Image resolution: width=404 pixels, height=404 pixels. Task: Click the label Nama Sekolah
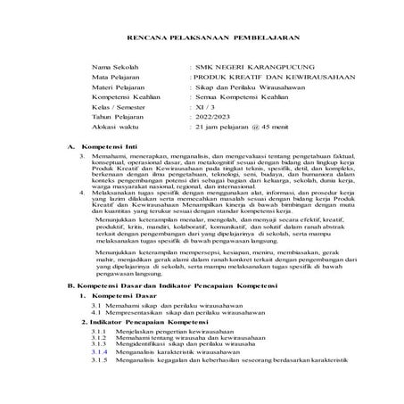[113, 66]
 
